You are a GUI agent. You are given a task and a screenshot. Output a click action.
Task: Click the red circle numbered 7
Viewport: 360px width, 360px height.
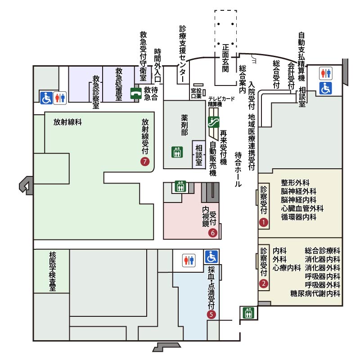point(145,162)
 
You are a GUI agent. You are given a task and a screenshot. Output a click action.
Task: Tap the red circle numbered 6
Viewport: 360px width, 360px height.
point(213,233)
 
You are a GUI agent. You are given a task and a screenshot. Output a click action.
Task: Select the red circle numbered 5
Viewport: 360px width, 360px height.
point(211,314)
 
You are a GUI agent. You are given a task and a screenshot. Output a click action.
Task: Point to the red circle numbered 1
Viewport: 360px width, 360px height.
point(264,222)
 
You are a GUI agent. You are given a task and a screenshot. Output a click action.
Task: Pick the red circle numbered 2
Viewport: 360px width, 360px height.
point(264,283)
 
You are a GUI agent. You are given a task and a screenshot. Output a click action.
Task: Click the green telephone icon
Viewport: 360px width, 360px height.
point(136,94)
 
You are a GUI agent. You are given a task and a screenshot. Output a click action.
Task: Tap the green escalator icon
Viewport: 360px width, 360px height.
point(213,122)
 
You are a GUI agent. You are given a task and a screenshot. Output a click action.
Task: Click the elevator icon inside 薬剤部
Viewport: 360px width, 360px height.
point(177,152)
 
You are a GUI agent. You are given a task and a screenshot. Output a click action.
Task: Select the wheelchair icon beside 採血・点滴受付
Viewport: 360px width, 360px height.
point(211,256)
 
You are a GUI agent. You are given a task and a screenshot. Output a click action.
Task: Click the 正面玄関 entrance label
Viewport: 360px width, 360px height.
point(225,58)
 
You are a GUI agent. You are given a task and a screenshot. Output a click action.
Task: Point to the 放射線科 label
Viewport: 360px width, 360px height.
point(68,122)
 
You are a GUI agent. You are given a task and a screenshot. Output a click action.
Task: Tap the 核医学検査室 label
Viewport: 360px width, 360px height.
point(53,271)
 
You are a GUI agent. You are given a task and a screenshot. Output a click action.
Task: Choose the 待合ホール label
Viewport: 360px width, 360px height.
point(238,170)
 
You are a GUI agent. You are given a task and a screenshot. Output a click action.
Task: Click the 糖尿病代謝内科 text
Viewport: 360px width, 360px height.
point(315,293)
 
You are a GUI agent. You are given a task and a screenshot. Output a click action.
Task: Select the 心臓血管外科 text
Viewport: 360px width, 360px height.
point(302,208)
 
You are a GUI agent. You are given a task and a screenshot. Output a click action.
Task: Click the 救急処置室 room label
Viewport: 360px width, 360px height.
point(119,84)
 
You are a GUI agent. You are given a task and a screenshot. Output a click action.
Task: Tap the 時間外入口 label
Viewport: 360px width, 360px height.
point(157,65)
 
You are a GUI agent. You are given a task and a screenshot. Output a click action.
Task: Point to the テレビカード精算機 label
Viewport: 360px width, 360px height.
point(221,102)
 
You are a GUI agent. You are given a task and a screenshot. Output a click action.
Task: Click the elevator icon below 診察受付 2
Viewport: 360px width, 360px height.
point(248,313)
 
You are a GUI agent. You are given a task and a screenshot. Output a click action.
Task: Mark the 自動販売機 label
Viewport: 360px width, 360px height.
point(213,159)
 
